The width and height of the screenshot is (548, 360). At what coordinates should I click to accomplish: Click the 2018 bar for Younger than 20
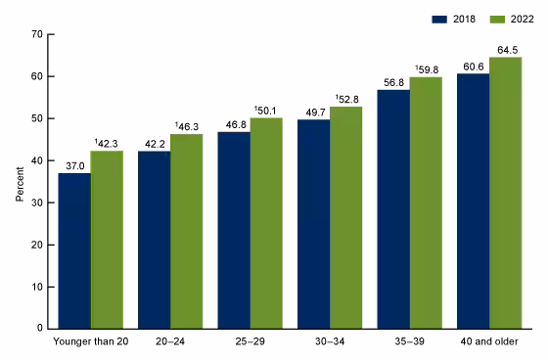(75, 250)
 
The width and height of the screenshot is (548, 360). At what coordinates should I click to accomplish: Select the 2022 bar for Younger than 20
(107, 240)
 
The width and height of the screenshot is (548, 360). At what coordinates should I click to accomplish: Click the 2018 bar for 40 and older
(473, 201)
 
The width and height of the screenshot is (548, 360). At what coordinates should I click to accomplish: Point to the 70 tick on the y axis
(36, 34)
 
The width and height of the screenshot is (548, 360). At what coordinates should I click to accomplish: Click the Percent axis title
(19, 181)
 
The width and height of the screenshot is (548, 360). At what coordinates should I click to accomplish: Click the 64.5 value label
(505, 49)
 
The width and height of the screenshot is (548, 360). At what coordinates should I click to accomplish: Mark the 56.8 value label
(393, 81)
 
